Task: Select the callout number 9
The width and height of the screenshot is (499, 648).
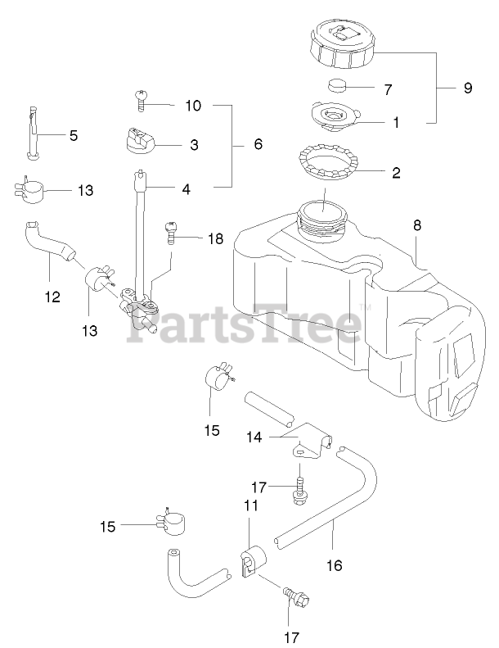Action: pyautogui.click(x=467, y=88)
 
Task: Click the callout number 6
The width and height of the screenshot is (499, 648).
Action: pyautogui.click(x=258, y=143)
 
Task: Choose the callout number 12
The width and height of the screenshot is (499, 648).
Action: pyautogui.click(x=52, y=297)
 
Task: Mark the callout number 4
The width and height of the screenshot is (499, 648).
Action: pyautogui.click(x=187, y=188)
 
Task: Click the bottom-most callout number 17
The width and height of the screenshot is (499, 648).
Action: pyautogui.click(x=292, y=637)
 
